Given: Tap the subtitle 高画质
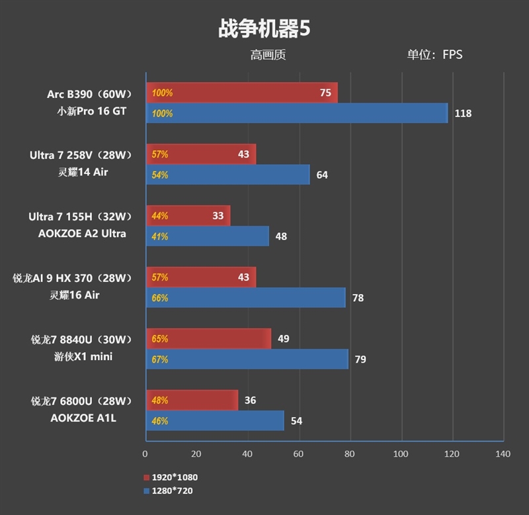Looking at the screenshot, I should coord(268,55).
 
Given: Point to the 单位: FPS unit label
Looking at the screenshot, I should coord(434,55).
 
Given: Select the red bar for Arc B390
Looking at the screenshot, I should coord(241,93).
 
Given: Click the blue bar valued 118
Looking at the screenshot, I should coord(296,113).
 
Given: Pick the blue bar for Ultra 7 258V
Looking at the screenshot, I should coord(227,175).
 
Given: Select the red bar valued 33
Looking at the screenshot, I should coord(188,216).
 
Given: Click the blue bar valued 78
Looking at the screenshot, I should coord(245,298).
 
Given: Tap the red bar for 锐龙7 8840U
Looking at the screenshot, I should coord(208,339).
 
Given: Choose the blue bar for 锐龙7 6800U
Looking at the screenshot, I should coord(215,421).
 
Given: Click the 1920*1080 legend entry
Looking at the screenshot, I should coord(171,477).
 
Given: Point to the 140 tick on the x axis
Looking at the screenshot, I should coord(503,454).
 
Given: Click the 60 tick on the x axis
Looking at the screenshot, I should coord(298,454).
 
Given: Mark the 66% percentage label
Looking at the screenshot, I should coord(160,298).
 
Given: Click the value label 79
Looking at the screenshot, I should coord(360,359).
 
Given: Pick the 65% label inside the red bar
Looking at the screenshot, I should coord(160,339).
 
